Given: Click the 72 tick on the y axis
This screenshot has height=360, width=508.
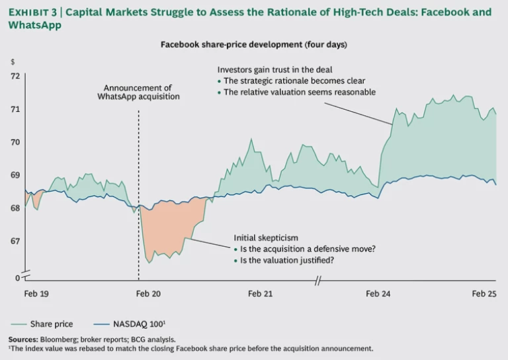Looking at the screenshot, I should pyautogui.click(x=15, y=76).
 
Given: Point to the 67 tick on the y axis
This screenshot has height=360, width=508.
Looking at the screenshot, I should pyautogui.click(x=15, y=242).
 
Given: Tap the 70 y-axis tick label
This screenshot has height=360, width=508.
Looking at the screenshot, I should pyautogui.click(x=15, y=142).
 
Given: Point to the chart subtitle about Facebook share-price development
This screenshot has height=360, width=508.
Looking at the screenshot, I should pyautogui.click(x=254, y=44).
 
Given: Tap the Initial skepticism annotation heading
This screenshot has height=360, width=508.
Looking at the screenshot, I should pyautogui.click(x=266, y=238).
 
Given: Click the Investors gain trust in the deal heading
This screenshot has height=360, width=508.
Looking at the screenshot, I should pyautogui.click(x=275, y=69).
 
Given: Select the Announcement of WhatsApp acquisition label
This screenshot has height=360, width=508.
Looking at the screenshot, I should pyautogui.click(x=138, y=92).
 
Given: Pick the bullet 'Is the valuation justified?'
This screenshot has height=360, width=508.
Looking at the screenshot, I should pyautogui.click(x=284, y=260).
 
